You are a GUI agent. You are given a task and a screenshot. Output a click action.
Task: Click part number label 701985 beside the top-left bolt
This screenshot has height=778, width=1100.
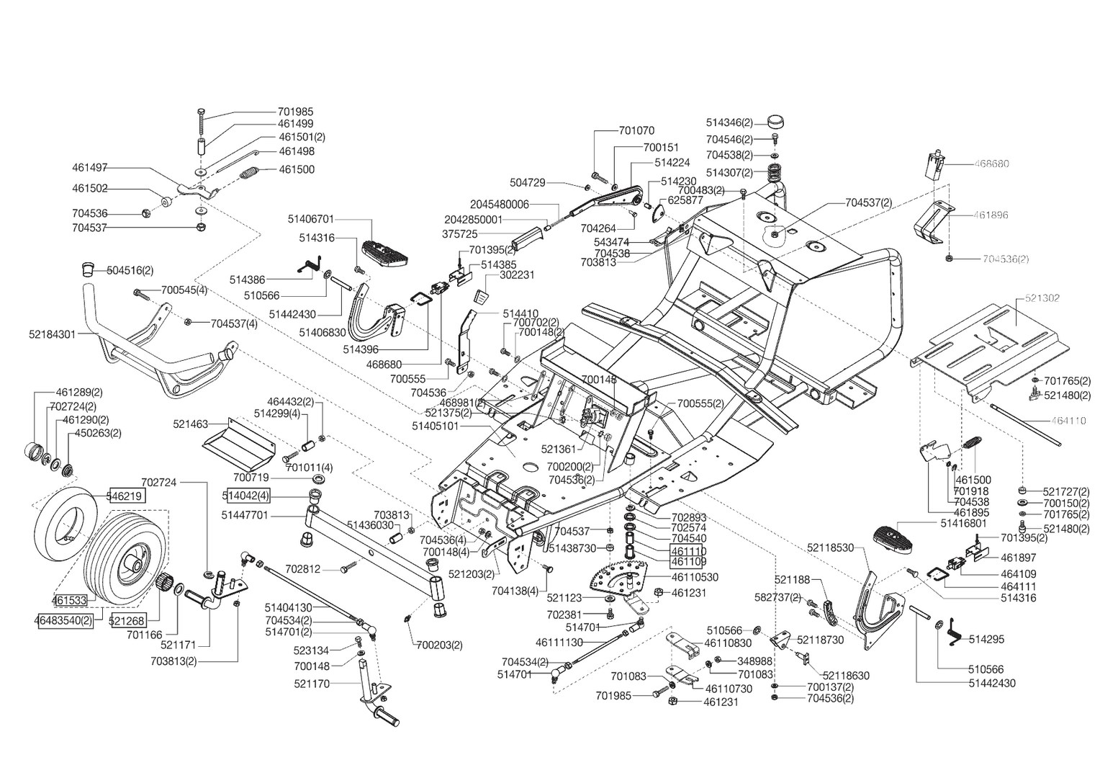(295, 112)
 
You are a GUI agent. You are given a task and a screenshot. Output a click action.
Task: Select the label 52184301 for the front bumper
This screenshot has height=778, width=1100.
(53, 334)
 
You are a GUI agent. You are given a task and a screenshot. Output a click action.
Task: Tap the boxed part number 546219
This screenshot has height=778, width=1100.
(127, 496)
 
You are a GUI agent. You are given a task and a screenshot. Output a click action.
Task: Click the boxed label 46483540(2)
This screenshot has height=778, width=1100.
(63, 620)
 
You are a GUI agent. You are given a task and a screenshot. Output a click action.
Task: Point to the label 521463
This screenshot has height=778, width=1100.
(191, 424)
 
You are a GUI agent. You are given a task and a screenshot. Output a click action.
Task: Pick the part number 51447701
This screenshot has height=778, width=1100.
(245, 515)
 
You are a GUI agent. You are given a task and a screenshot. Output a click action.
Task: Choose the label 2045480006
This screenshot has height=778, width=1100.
(500, 205)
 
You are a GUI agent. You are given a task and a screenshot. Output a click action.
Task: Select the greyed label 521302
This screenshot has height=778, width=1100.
(1042, 298)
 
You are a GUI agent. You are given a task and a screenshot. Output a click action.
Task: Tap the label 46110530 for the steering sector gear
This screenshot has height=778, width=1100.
(695, 577)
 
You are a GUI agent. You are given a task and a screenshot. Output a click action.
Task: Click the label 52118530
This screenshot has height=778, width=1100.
(831, 547)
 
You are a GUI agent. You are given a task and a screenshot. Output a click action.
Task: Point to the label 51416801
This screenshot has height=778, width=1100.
(963, 524)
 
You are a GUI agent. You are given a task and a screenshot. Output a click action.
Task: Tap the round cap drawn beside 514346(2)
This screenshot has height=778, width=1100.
(775, 122)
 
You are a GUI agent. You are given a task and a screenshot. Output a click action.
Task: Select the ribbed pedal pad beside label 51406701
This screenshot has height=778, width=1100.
(386, 252)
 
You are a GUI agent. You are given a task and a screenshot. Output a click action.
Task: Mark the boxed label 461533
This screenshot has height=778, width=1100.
(69, 599)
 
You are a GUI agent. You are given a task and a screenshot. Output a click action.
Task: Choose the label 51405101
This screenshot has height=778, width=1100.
(435, 426)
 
